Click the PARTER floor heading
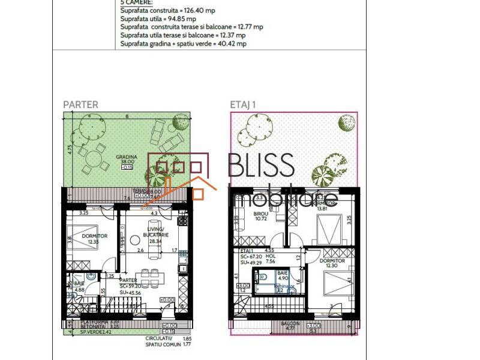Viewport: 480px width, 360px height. [80, 104]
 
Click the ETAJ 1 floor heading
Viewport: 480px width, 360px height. [244, 104]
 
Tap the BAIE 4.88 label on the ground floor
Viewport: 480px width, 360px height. [79, 286]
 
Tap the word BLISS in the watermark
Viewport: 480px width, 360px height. [262, 166]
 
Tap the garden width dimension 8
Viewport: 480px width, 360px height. [127, 117]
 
